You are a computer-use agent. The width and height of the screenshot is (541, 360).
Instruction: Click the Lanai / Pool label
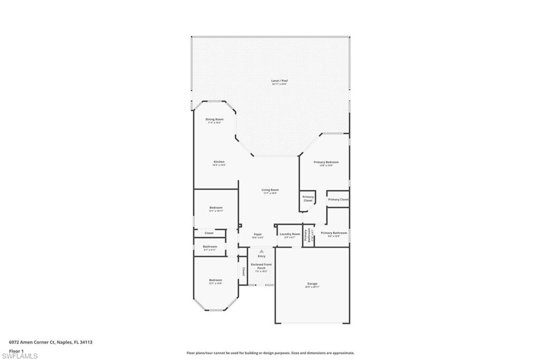click(x=279, y=81)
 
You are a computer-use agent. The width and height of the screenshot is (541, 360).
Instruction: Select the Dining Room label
click(x=214, y=119)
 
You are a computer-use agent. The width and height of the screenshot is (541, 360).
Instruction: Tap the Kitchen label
click(x=219, y=162)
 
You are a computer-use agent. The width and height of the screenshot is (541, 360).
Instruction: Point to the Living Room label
click(x=270, y=190)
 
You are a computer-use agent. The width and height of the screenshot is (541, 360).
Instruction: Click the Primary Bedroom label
click(x=326, y=162)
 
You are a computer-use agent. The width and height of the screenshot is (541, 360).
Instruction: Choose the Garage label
click(x=312, y=283)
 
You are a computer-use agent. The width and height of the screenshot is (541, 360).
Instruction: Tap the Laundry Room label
click(x=290, y=234)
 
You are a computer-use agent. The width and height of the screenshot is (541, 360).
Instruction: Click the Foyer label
click(x=258, y=234)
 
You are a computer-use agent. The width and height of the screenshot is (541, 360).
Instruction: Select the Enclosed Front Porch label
click(x=262, y=266)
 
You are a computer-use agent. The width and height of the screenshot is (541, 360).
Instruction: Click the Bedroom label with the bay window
click(x=215, y=280)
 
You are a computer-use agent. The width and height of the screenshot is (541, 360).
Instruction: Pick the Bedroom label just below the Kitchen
click(x=216, y=207)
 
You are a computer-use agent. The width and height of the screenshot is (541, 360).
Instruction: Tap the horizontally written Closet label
click(x=209, y=233)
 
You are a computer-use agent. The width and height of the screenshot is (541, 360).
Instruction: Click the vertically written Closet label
click(x=244, y=271)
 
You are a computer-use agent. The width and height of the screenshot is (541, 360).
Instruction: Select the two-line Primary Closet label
click(x=308, y=198)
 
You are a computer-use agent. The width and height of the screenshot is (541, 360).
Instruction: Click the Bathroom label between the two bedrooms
click(x=210, y=247)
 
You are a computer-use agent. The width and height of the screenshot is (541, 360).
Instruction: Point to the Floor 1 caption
click(x=16, y=350)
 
